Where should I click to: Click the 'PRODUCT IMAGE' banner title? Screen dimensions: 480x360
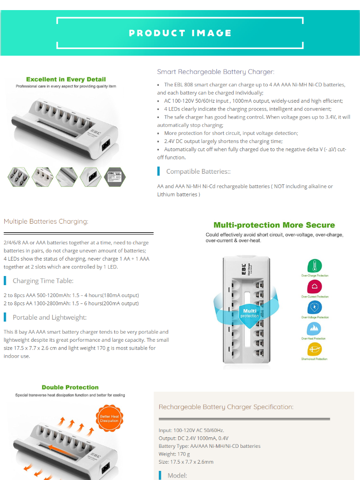coord(180,33)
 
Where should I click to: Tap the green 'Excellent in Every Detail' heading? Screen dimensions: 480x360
coord(66,79)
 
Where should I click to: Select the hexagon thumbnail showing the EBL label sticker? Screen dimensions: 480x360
coord(115,177)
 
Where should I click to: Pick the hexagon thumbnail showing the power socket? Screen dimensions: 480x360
coord(91,177)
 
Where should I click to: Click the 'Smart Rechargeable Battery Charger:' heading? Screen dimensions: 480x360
coord(216,72)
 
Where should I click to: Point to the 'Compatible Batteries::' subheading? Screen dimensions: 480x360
coord(198,171)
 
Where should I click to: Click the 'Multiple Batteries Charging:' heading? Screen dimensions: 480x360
coord(46,222)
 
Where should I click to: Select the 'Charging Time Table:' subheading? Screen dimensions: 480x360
coord(43,281)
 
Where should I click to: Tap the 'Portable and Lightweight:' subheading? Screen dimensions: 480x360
coord(49,317)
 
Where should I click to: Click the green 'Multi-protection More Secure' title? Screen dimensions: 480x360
coord(274,225)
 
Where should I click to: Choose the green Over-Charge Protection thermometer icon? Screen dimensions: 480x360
coord(314,266)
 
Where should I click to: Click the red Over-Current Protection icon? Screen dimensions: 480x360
coord(314,287)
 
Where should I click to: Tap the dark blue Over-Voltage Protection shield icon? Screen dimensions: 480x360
coord(314,308)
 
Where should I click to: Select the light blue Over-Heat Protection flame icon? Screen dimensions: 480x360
coord(314,329)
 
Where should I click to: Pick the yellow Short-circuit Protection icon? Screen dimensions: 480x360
coord(314,349)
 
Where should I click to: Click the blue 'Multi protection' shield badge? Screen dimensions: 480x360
coord(250,313)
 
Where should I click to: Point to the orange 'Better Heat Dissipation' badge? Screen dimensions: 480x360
coord(109,418)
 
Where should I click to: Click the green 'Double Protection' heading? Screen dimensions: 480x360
coord(70,387)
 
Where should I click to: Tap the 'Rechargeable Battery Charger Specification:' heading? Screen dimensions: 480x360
coord(226,407)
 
